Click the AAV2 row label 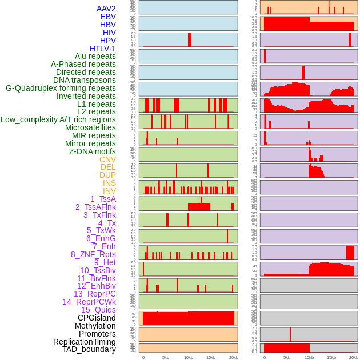point(106,9)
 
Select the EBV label point(108,17)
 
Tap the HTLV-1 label point(102,49)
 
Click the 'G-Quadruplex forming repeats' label point(61,88)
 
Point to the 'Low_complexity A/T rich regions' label point(58,119)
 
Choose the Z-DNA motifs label point(92,151)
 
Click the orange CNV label point(107,159)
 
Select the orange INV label point(109,191)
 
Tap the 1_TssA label point(103,199)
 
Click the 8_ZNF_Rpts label point(93,254)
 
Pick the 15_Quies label point(98,310)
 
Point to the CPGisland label point(97,318)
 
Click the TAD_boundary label point(89,349)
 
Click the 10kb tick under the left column point(189,357)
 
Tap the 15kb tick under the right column point(331,357)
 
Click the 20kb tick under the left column point(233,357)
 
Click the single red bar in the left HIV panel point(190,39)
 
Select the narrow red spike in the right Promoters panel point(290,334)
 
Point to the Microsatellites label point(90,127)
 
